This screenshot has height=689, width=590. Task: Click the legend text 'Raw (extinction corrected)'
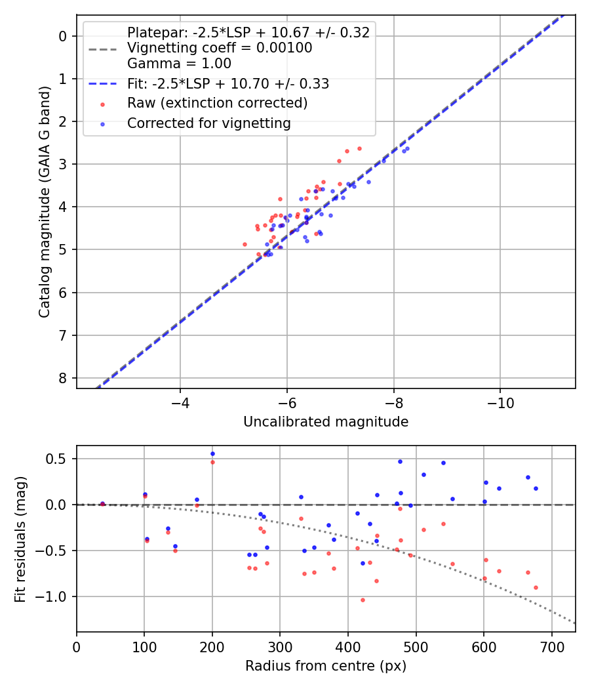coord(217,103)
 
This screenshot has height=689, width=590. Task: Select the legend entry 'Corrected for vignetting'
coord(209,123)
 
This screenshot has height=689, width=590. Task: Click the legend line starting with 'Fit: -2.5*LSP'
coord(228,84)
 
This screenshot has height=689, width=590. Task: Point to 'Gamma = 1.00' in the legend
coord(179,64)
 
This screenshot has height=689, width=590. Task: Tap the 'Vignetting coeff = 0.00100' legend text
coord(220,48)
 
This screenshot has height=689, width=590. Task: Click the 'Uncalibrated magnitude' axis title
coord(326,422)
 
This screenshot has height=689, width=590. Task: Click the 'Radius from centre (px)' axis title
coord(326,666)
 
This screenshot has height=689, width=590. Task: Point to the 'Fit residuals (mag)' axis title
coord(20,539)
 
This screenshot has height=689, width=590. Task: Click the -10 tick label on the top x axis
coord(500,402)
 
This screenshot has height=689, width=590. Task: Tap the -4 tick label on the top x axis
coord(180,402)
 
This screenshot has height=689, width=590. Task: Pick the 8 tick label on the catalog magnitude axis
coord(63,379)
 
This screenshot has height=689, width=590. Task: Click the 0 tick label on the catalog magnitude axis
coord(63,36)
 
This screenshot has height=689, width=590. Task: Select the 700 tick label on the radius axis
coord(551,646)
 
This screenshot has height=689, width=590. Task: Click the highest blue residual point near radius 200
coord(212,453)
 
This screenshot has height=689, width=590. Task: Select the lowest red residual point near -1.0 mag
coord(363,600)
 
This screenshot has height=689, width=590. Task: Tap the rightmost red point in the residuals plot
coord(536,587)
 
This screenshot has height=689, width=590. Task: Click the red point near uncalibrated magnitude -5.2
coord(245,244)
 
